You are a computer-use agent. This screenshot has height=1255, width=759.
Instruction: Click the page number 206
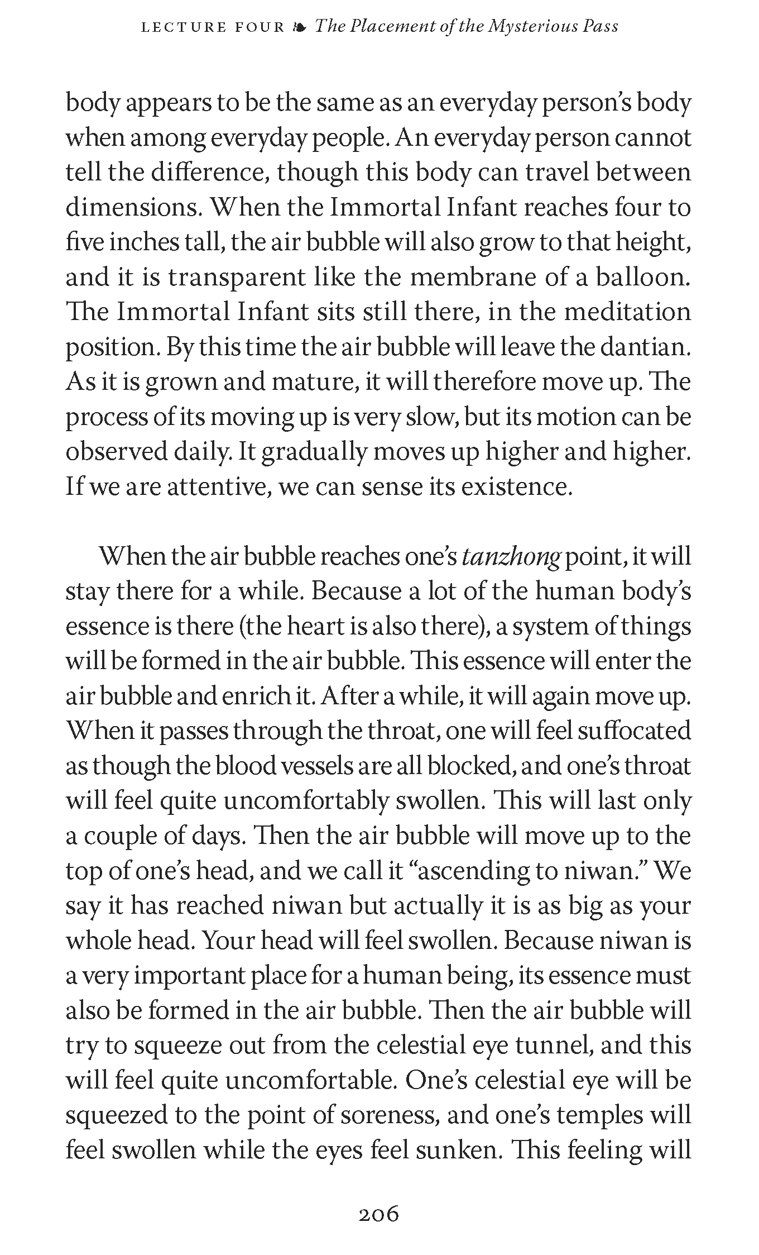(x=379, y=1214)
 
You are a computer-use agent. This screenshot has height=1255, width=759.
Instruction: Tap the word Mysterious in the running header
(x=532, y=27)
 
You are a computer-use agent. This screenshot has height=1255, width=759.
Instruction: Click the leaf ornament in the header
(x=300, y=27)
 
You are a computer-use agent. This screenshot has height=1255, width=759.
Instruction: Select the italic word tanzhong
(x=511, y=557)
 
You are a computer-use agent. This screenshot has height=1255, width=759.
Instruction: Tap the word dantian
(x=645, y=347)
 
